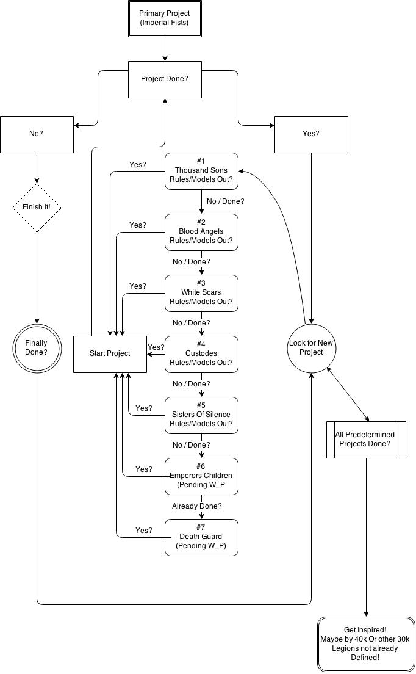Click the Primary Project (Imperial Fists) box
click(x=165, y=19)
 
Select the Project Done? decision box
click(x=165, y=79)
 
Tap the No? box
click(x=37, y=134)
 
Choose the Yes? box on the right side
click(x=311, y=134)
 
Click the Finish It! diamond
click(x=37, y=207)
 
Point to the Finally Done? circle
click(x=37, y=348)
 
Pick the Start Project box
click(x=110, y=354)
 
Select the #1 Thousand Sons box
click(x=201, y=170)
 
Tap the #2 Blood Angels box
click(x=201, y=232)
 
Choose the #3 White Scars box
click(x=201, y=293)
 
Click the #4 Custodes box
click(x=201, y=354)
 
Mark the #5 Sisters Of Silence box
click(x=201, y=415)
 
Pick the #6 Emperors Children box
click(x=201, y=476)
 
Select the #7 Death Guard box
click(x=201, y=537)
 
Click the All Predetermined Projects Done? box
click(x=366, y=439)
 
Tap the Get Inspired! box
click(x=366, y=644)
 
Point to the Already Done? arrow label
click(x=196, y=506)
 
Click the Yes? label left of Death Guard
click(x=144, y=531)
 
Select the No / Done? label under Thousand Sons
click(x=226, y=201)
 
